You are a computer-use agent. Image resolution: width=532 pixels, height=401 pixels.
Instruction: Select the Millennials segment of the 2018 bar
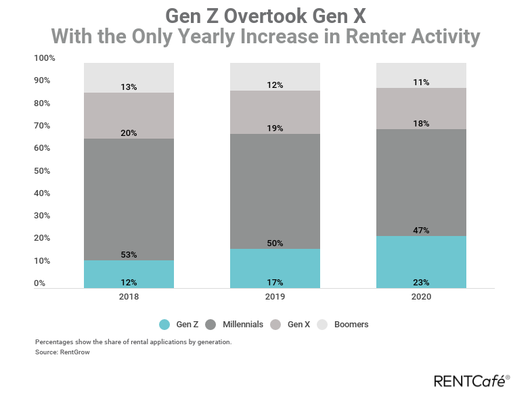click(x=129, y=199)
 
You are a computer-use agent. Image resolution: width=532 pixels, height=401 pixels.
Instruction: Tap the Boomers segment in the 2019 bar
click(x=275, y=76)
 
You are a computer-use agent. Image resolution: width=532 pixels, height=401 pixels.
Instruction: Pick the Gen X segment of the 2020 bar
click(x=421, y=108)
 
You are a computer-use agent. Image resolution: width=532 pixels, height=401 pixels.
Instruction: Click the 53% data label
click(x=129, y=255)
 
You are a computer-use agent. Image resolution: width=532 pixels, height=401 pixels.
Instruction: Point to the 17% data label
click(x=275, y=282)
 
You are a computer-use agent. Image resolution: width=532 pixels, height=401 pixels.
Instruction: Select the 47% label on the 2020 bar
click(x=421, y=231)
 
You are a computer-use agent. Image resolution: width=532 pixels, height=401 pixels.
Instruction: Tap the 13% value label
click(x=129, y=87)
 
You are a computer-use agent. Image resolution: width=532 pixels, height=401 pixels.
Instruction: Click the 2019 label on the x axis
click(x=275, y=297)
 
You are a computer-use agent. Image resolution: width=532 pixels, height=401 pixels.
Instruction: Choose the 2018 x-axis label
click(x=129, y=297)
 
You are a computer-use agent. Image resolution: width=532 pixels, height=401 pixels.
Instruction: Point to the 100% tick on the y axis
click(x=44, y=58)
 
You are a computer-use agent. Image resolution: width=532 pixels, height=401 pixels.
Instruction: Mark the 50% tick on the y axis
click(x=42, y=171)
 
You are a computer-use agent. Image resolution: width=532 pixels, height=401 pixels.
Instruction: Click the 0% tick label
click(x=40, y=283)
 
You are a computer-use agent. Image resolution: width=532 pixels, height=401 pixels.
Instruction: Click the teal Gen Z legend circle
click(x=164, y=325)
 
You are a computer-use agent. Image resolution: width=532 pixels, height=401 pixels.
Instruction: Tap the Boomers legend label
click(x=351, y=325)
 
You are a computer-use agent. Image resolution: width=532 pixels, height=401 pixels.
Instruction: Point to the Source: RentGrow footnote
click(x=62, y=352)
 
